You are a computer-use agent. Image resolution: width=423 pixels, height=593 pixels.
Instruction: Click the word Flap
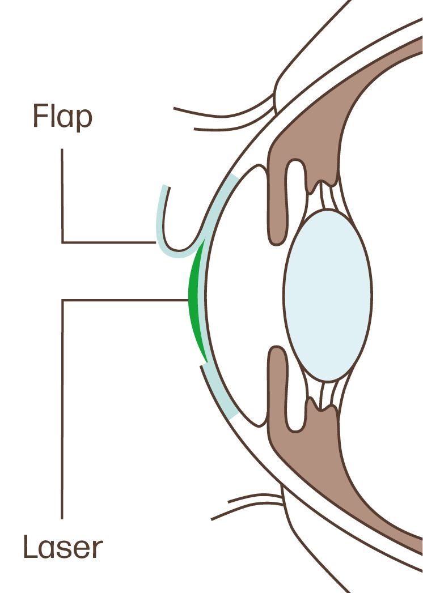point(62,118)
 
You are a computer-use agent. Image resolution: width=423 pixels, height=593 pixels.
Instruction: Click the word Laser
point(63,548)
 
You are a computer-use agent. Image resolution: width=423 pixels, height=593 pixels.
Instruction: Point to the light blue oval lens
point(328,295)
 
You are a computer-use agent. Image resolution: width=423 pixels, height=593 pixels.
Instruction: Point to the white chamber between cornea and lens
point(238,295)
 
